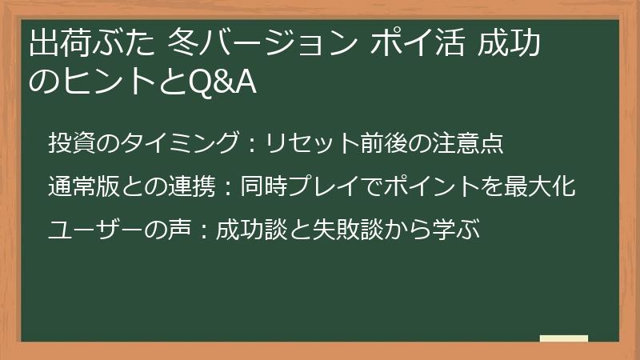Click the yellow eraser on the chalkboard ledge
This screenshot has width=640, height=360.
tap(564, 339)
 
